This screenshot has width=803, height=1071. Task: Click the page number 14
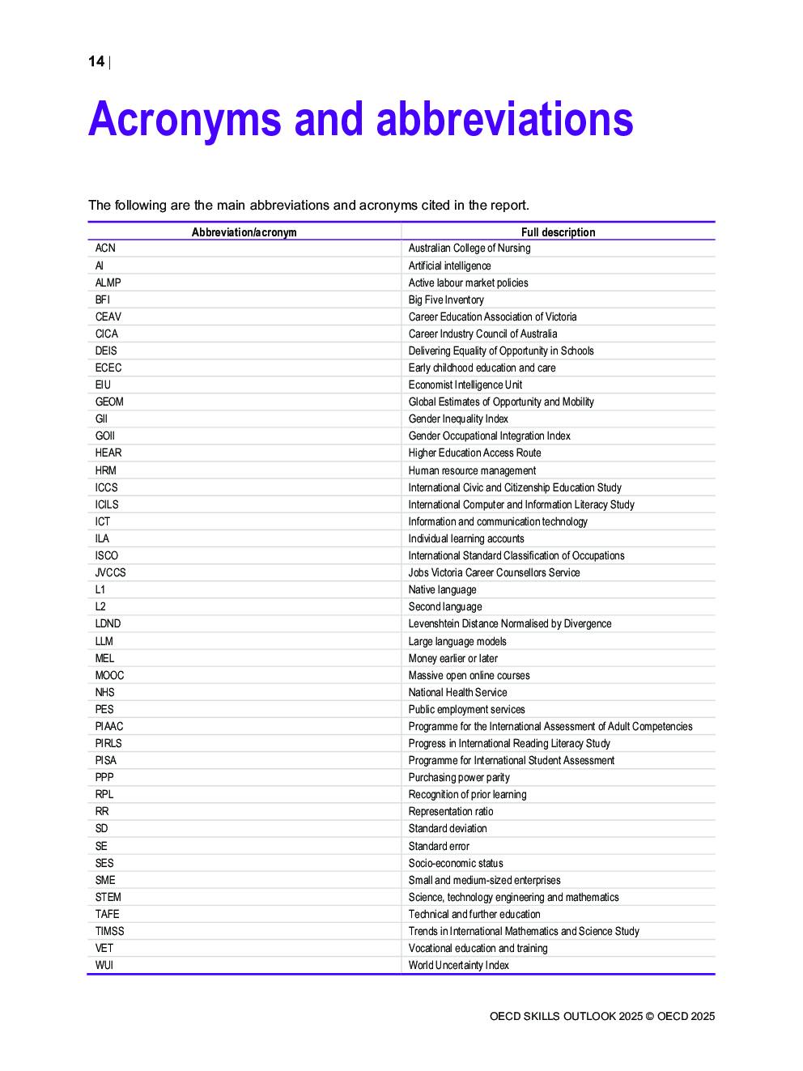(96, 62)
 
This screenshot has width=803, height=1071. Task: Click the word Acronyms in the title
(185, 120)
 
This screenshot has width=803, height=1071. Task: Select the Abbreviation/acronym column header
(244, 232)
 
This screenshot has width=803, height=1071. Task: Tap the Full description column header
(558, 232)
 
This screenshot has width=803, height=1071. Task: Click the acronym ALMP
(108, 283)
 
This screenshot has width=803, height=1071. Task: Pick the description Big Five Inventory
(446, 300)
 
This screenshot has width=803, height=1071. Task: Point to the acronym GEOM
(109, 402)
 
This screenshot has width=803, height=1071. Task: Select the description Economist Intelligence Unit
(465, 385)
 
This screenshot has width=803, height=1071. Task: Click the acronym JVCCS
(110, 572)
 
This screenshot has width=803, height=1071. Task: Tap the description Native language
(442, 589)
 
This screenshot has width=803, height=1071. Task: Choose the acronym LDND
(108, 623)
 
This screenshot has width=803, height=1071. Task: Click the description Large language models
(457, 641)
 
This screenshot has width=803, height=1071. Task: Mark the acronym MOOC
(109, 675)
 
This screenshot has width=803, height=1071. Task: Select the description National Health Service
(457, 692)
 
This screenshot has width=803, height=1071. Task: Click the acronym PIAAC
(109, 726)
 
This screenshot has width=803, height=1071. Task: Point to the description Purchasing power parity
(459, 777)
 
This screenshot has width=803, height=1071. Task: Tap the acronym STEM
(108, 897)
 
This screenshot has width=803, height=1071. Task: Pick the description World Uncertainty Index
(458, 965)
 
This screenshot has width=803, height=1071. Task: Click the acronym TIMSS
(109, 931)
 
